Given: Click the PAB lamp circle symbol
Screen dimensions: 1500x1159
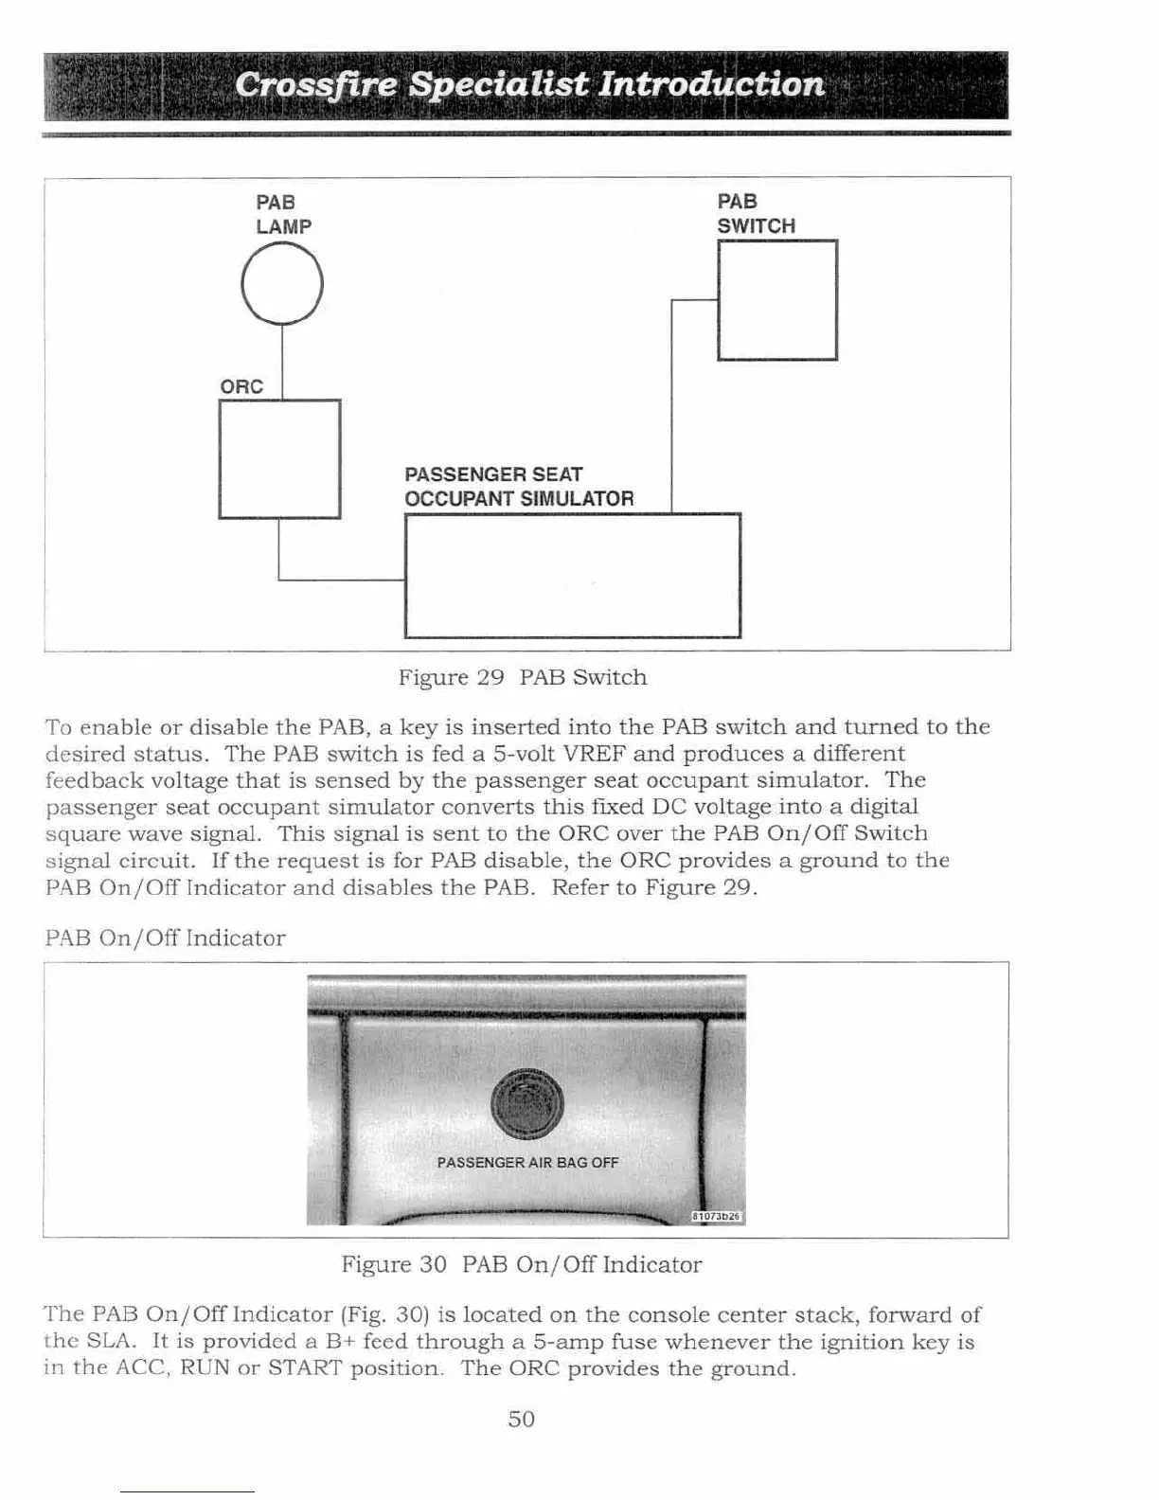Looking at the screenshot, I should tap(282, 284).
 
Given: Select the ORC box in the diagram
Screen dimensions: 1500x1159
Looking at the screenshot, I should tap(279, 459).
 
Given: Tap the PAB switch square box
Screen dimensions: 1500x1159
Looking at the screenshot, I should tap(777, 300).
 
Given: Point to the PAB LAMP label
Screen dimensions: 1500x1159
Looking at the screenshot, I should tap(283, 214).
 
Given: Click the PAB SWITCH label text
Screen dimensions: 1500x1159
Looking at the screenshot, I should tap(756, 214).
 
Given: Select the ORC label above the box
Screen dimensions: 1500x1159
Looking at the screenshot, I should tap(241, 386).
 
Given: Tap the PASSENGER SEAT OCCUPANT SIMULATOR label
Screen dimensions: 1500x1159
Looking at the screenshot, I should tap(519, 487).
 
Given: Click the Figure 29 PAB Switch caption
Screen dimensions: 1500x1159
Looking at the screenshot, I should tap(523, 678).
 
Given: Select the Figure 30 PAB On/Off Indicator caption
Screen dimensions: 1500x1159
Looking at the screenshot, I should tap(522, 1265).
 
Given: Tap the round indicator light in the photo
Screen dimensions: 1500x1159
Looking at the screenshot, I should tap(527, 1103).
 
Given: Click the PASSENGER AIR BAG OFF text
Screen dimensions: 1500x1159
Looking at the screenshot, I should tap(527, 1163).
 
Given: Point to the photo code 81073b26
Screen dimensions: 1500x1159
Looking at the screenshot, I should tap(717, 1217).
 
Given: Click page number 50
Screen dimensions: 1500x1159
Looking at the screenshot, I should tap(522, 1419).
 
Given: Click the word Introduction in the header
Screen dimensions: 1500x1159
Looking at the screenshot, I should tap(711, 84).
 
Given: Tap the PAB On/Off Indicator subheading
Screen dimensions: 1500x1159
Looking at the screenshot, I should tap(165, 938).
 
